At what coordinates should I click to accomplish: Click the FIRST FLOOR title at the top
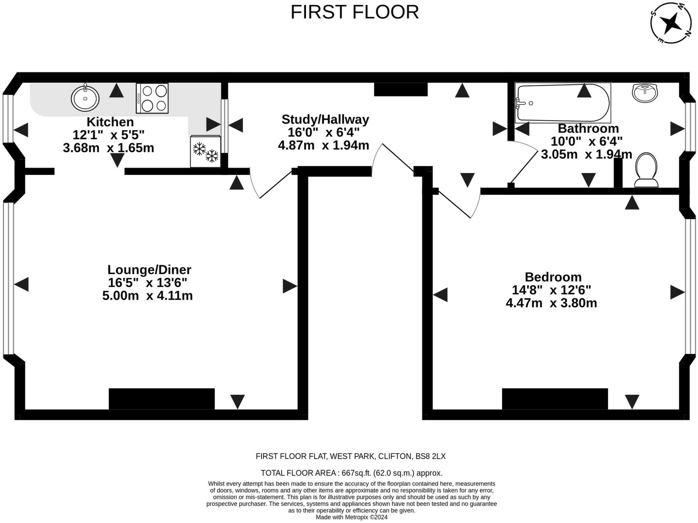[x=354, y=12]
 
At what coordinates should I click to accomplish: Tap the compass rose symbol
[x=671, y=23]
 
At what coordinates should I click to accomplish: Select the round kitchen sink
[x=85, y=98]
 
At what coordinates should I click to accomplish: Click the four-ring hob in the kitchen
[x=152, y=98]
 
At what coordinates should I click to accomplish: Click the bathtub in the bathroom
[x=563, y=103]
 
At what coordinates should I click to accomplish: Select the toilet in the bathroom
[x=647, y=170]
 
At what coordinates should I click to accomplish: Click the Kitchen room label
[x=110, y=122]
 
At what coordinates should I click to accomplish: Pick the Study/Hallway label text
[x=325, y=120]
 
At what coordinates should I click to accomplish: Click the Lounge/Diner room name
[x=149, y=270]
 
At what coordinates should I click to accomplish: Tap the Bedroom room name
[x=553, y=277]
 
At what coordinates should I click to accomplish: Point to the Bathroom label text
[x=588, y=128]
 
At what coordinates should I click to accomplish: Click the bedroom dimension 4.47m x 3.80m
[x=551, y=303]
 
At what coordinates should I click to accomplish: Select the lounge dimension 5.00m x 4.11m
[x=148, y=295]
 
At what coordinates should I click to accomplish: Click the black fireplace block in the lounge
[x=162, y=399]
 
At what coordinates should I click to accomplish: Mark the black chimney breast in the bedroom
[x=555, y=399]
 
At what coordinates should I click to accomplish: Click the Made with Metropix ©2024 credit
[x=351, y=517]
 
